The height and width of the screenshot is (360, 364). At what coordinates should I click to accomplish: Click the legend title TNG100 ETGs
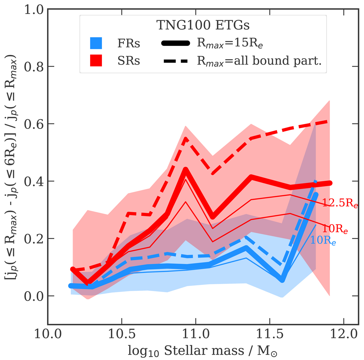pyautogui.click(x=203, y=25)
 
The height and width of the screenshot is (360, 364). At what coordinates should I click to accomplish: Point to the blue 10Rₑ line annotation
pyautogui.click(x=323, y=241)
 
